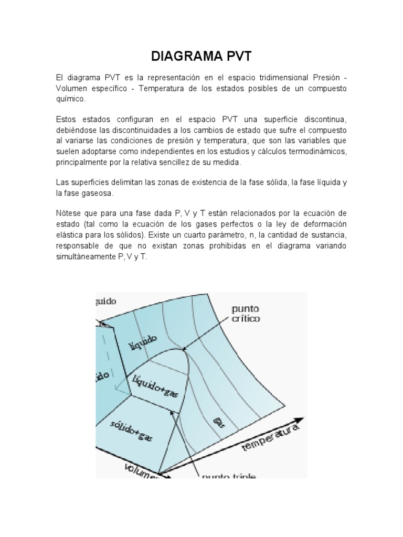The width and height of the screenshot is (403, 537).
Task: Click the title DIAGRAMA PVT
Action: click(x=201, y=57)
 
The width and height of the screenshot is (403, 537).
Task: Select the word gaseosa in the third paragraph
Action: click(x=92, y=194)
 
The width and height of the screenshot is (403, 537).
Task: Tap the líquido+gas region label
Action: click(x=156, y=386)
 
